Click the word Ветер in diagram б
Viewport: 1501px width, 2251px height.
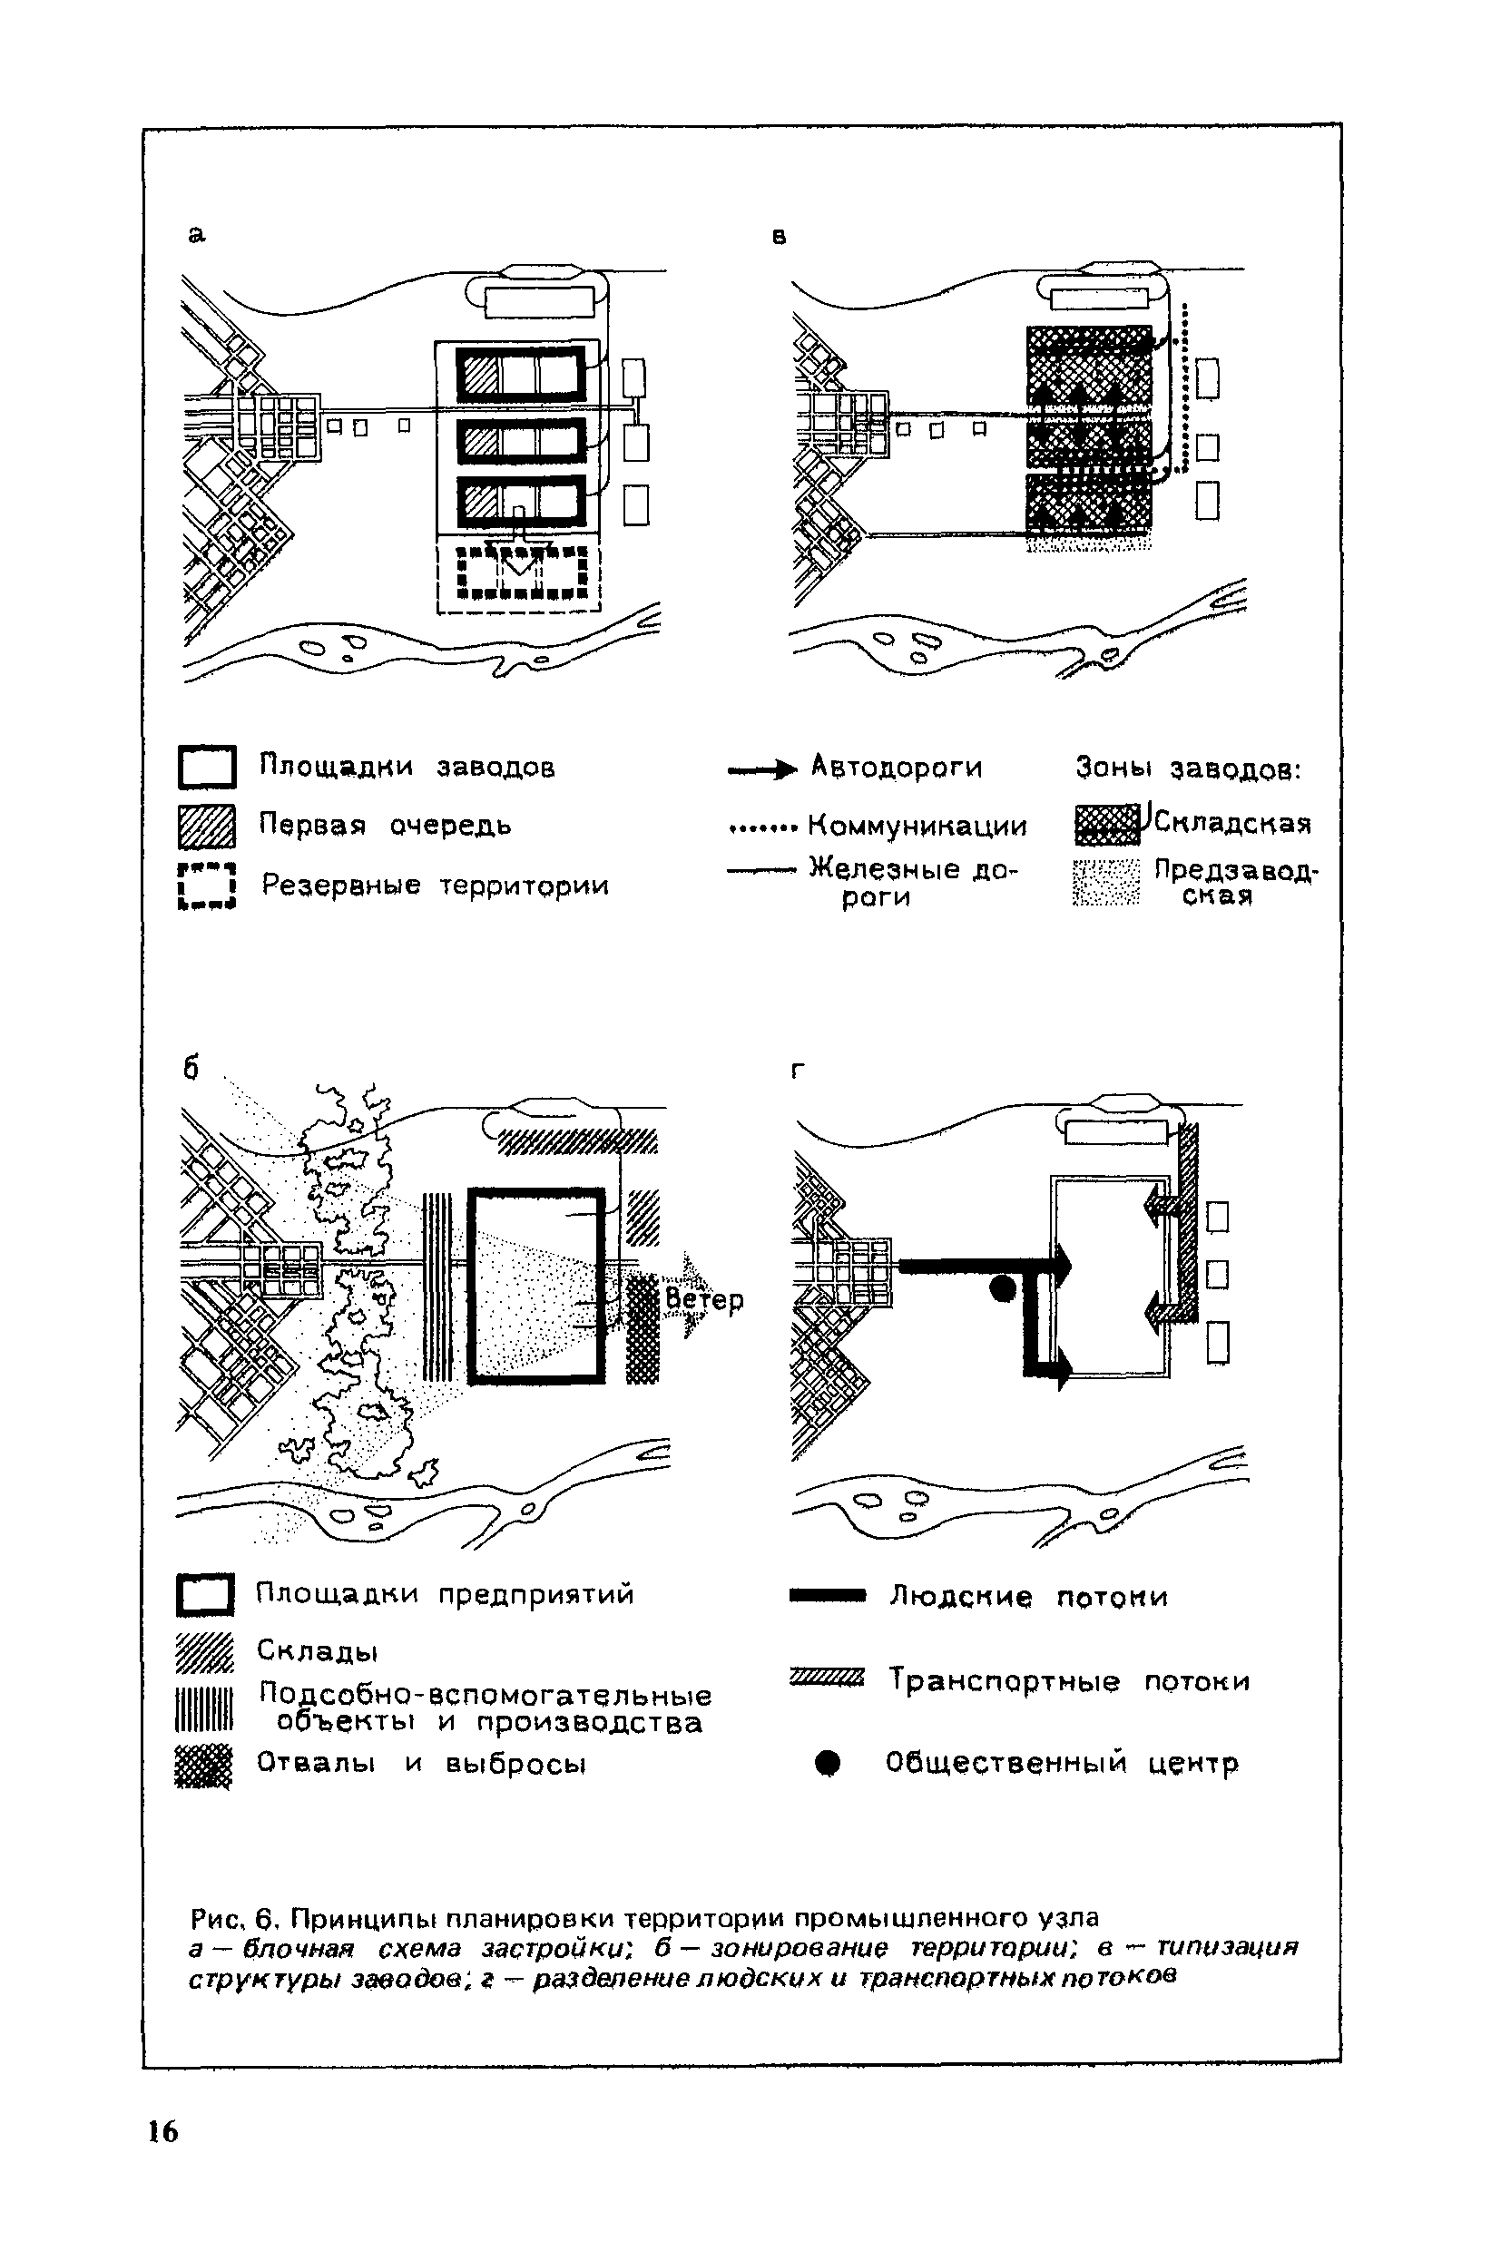(x=703, y=1299)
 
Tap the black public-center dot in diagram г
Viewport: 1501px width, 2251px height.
(x=1002, y=1288)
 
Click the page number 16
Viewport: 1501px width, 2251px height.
(x=162, y=2131)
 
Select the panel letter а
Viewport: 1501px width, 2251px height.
(x=196, y=234)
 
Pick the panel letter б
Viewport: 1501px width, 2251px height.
(x=191, y=1069)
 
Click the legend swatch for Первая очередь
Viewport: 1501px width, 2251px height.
(x=207, y=827)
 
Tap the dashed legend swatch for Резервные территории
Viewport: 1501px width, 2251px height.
(x=207, y=886)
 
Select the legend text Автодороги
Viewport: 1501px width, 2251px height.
(x=896, y=767)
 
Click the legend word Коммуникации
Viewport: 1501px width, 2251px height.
(x=917, y=825)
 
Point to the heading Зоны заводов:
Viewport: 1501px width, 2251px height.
(x=1188, y=768)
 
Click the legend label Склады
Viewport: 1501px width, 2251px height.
(x=317, y=1651)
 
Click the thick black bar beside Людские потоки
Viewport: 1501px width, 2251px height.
(x=827, y=1595)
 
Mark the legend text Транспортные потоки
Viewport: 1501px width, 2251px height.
(x=1068, y=1680)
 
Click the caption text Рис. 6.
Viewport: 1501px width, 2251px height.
(x=233, y=1918)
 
